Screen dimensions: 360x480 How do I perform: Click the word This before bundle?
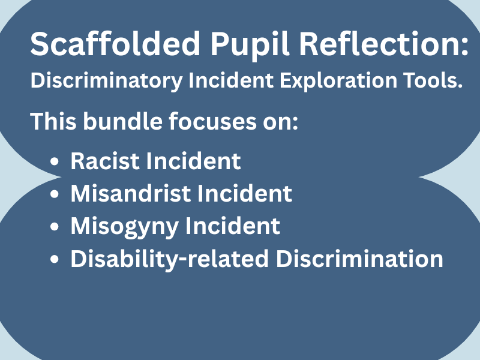pyautogui.click(x=53, y=121)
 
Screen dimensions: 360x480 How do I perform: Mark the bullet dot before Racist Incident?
pyautogui.click(x=55, y=162)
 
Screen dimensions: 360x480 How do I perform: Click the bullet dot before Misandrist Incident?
pyautogui.click(x=55, y=195)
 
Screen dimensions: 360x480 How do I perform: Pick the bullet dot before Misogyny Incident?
pyautogui.click(x=55, y=227)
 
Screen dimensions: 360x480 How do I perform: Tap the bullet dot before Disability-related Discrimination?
pyautogui.click(x=55, y=260)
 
